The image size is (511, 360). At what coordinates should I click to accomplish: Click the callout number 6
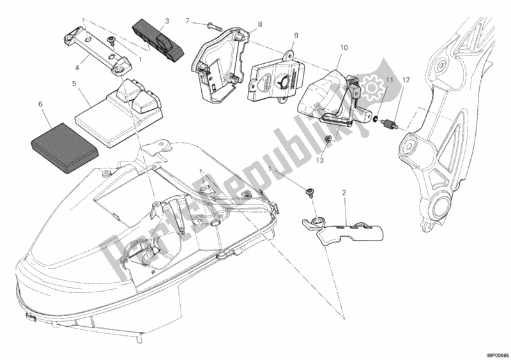tap(41, 103)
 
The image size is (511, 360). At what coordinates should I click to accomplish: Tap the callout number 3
tap(166, 22)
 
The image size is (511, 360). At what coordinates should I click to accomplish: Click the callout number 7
tap(188, 22)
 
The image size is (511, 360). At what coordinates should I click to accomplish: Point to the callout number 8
tap(260, 25)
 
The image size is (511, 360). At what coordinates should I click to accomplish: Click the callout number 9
tap(296, 36)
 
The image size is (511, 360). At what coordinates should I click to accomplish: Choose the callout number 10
tap(344, 47)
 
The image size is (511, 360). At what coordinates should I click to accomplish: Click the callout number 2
tap(344, 192)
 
